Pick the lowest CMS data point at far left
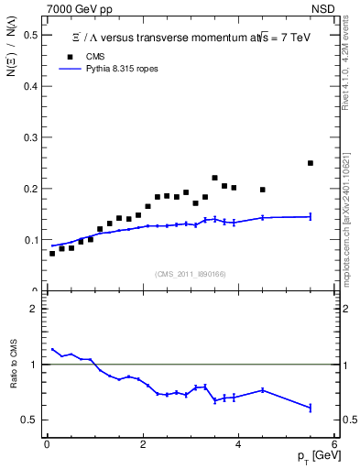click(52, 253)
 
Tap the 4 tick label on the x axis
click(238, 444)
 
